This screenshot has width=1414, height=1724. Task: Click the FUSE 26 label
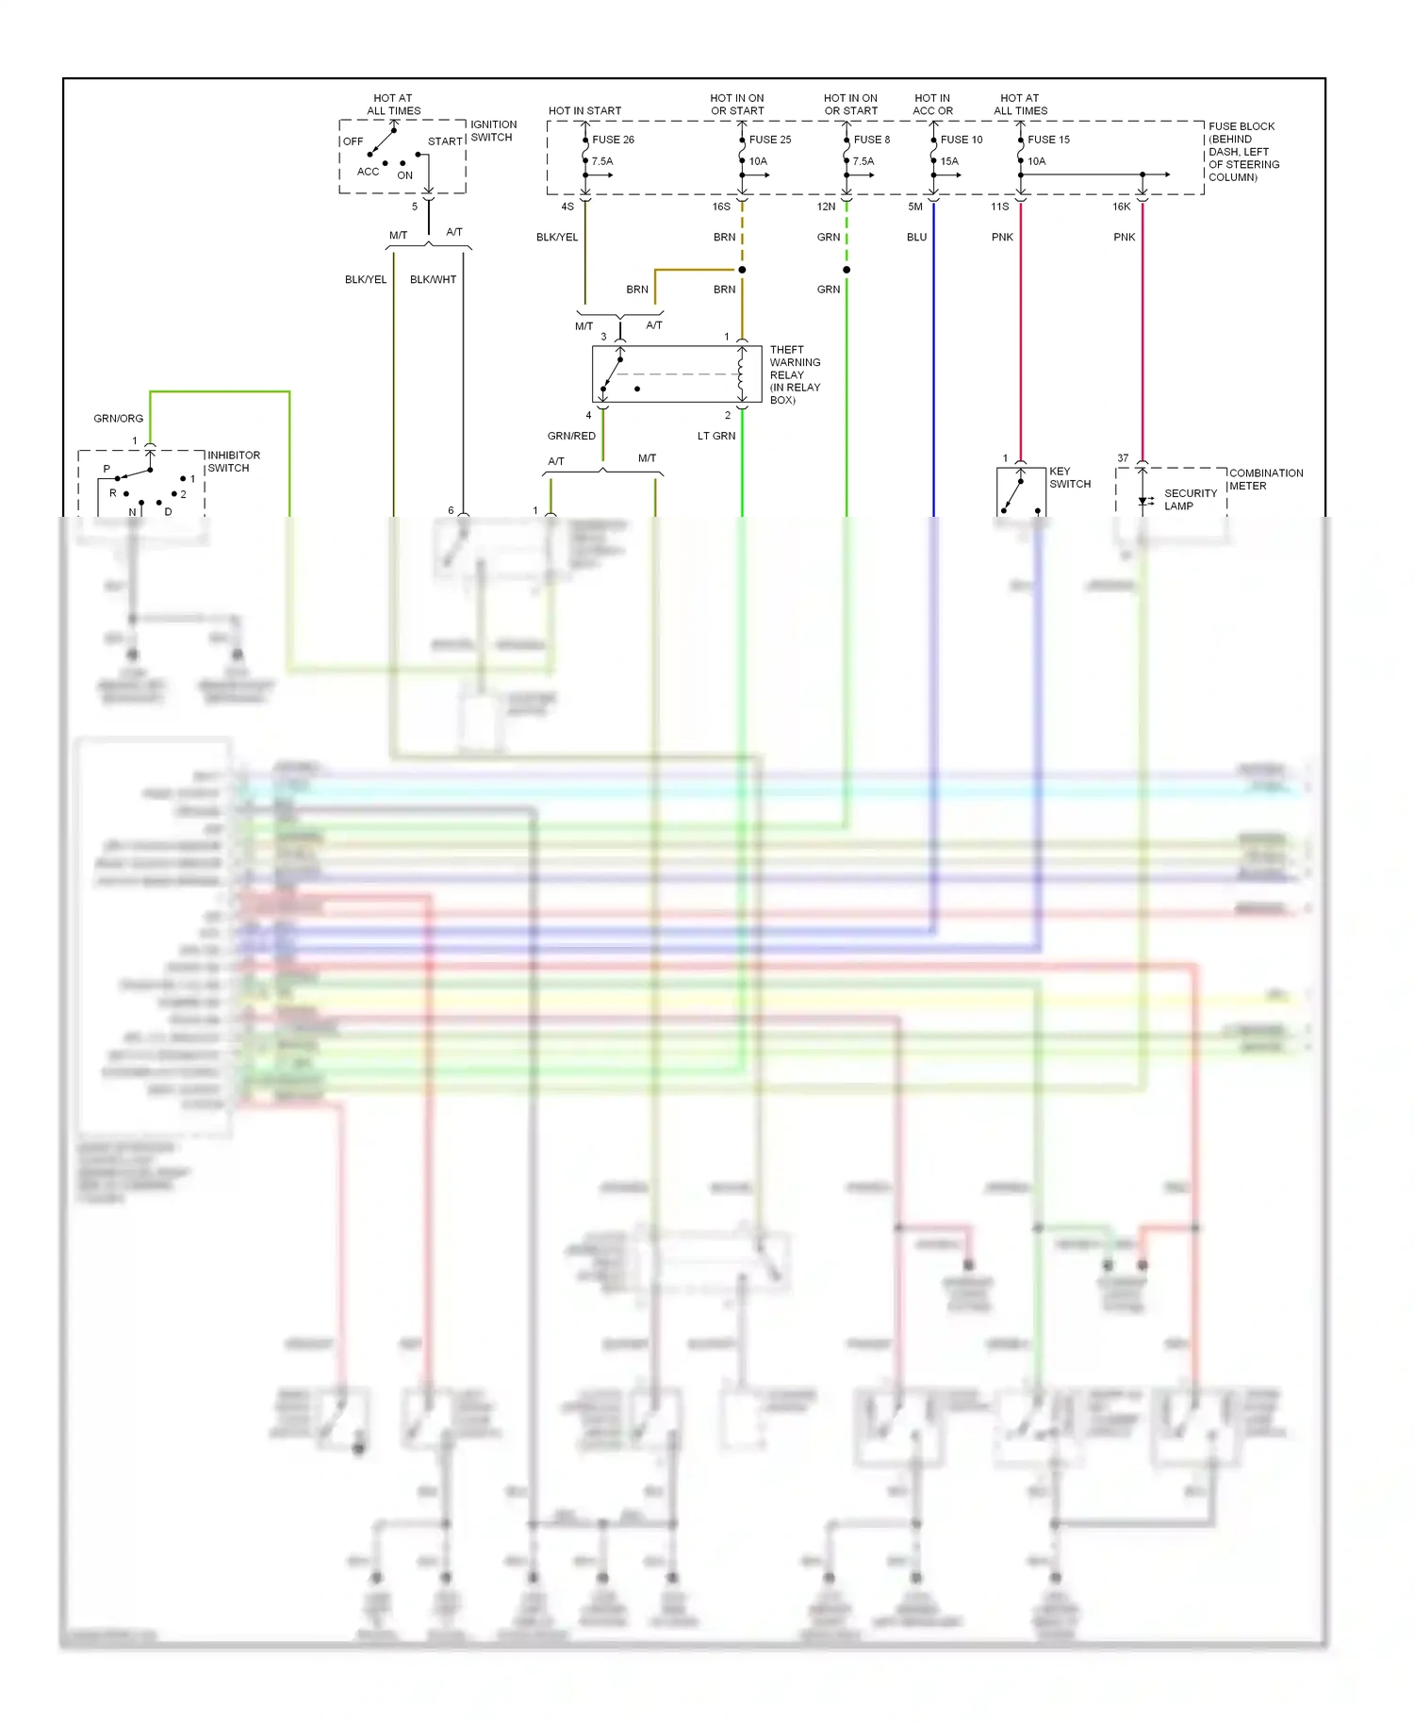pyautogui.click(x=613, y=140)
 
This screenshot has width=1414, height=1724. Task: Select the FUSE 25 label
pyautogui.click(x=770, y=140)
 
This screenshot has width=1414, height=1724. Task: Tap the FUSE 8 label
pyautogui.click(x=871, y=140)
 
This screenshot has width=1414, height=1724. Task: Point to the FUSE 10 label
pyautogui.click(x=961, y=140)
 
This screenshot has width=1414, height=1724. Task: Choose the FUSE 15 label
pyautogui.click(x=1048, y=140)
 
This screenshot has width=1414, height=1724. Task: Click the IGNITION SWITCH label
pyautogui.click(x=493, y=131)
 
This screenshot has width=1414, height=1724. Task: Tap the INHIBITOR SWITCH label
pyautogui.click(x=234, y=461)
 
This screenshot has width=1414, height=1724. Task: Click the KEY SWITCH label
pyautogui.click(x=1070, y=477)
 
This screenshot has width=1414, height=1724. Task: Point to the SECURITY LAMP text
pyautogui.click(x=1190, y=500)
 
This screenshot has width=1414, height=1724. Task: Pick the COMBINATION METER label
pyautogui.click(x=1265, y=479)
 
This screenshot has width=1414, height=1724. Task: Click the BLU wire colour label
pyautogui.click(x=916, y=238)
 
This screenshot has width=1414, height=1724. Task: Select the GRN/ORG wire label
pyautogui.click(x=119, y=419)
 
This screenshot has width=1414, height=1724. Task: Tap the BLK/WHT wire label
pyautogui.click(x=433, y=280)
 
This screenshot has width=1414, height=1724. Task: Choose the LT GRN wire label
pyautogui.click(x=716, y=437)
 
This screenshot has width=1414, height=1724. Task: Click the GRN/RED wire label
pyautogui.click(x=571, y=437)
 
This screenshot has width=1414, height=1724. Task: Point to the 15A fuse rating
pyautogui.click(x=949, y=161)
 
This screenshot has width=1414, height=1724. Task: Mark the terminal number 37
pyautogui.click(x=1123, y=458)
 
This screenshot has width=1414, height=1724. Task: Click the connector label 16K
pyautogui.click(x=1121, y=207)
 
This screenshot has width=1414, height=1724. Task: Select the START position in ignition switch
pyautogui.click(x=445, y=141)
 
